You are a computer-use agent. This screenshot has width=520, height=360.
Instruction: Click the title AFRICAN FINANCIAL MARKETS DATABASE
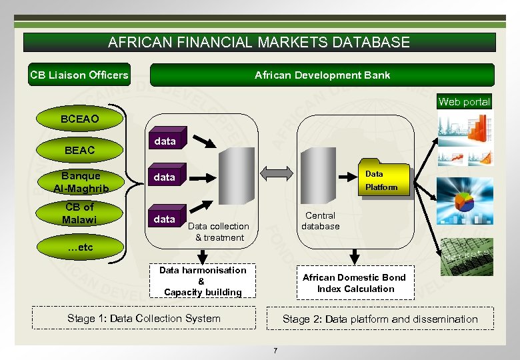pos(259,43)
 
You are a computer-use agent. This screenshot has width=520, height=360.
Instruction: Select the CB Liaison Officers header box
pos(79,75)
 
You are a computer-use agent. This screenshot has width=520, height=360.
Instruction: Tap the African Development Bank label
pos(322,75)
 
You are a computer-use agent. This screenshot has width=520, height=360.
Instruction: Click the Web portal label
pos(464,102)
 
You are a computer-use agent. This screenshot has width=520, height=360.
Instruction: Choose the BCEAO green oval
pos(79,119)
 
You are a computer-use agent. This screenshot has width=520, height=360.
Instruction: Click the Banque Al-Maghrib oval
pos(80,182)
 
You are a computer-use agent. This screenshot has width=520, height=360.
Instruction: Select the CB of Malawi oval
pos(80,213)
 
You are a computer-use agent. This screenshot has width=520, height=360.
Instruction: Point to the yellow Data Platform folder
pos(381,179)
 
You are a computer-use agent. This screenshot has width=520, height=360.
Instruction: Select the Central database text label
pos(320,221)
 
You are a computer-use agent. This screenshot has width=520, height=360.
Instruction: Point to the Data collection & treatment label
pos(219,231)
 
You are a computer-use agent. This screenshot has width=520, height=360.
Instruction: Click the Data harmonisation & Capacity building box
pos(203,281)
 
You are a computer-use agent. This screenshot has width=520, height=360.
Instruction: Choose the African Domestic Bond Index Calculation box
pos(354,283)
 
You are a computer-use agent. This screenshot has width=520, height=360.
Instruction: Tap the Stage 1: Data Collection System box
pos(144,318)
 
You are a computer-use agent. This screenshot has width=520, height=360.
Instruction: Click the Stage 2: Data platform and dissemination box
pos(380,319)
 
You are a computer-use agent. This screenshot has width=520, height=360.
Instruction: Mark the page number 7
pos(275,350)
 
